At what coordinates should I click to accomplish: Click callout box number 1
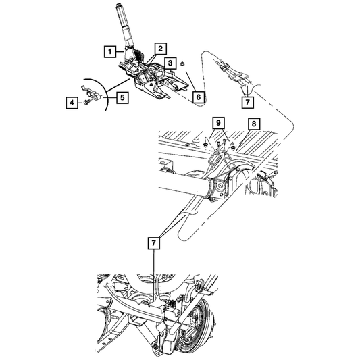tap(110, 51)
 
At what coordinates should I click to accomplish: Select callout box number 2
tap(160, 49)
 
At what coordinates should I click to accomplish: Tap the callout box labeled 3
tap(170, 63)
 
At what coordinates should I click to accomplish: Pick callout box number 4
tap(72, 103)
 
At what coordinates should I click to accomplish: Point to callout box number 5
tap(122, 97)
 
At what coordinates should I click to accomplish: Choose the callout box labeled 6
tap(199, 97)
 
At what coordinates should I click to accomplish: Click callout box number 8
tap(254, 124)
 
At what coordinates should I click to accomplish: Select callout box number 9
tap(218, 123)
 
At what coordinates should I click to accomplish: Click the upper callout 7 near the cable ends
tap(247, 102)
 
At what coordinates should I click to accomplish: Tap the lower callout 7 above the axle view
tap(153, 243)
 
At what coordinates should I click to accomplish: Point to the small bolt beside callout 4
tap(86, 102)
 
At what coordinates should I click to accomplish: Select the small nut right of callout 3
tap(182, 65)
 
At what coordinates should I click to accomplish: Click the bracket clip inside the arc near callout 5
tap(93, 94)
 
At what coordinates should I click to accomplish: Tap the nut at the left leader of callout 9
tap(205, 145)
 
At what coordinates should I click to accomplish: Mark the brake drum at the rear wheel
tap(198, 326)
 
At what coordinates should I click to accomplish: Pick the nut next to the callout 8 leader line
tap(233, 147)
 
